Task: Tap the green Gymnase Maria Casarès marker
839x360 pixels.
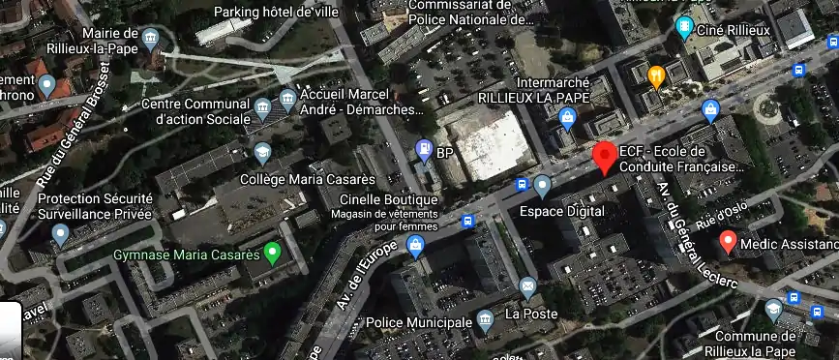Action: (x=273, y=255)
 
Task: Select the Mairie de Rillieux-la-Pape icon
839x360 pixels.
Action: (x=150, y=40)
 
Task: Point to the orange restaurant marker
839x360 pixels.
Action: (x=655, y=75)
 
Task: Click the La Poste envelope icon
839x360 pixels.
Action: (x=527, y=286)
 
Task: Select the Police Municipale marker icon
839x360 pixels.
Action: (x=486, y=318)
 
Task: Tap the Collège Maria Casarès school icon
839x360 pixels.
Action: (x=262, y=153)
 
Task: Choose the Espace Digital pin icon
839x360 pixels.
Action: (x=543, y=185)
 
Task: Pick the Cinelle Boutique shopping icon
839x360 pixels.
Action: (x=416, y=248)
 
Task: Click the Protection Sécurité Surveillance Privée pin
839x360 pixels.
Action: (x=61, y=232)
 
